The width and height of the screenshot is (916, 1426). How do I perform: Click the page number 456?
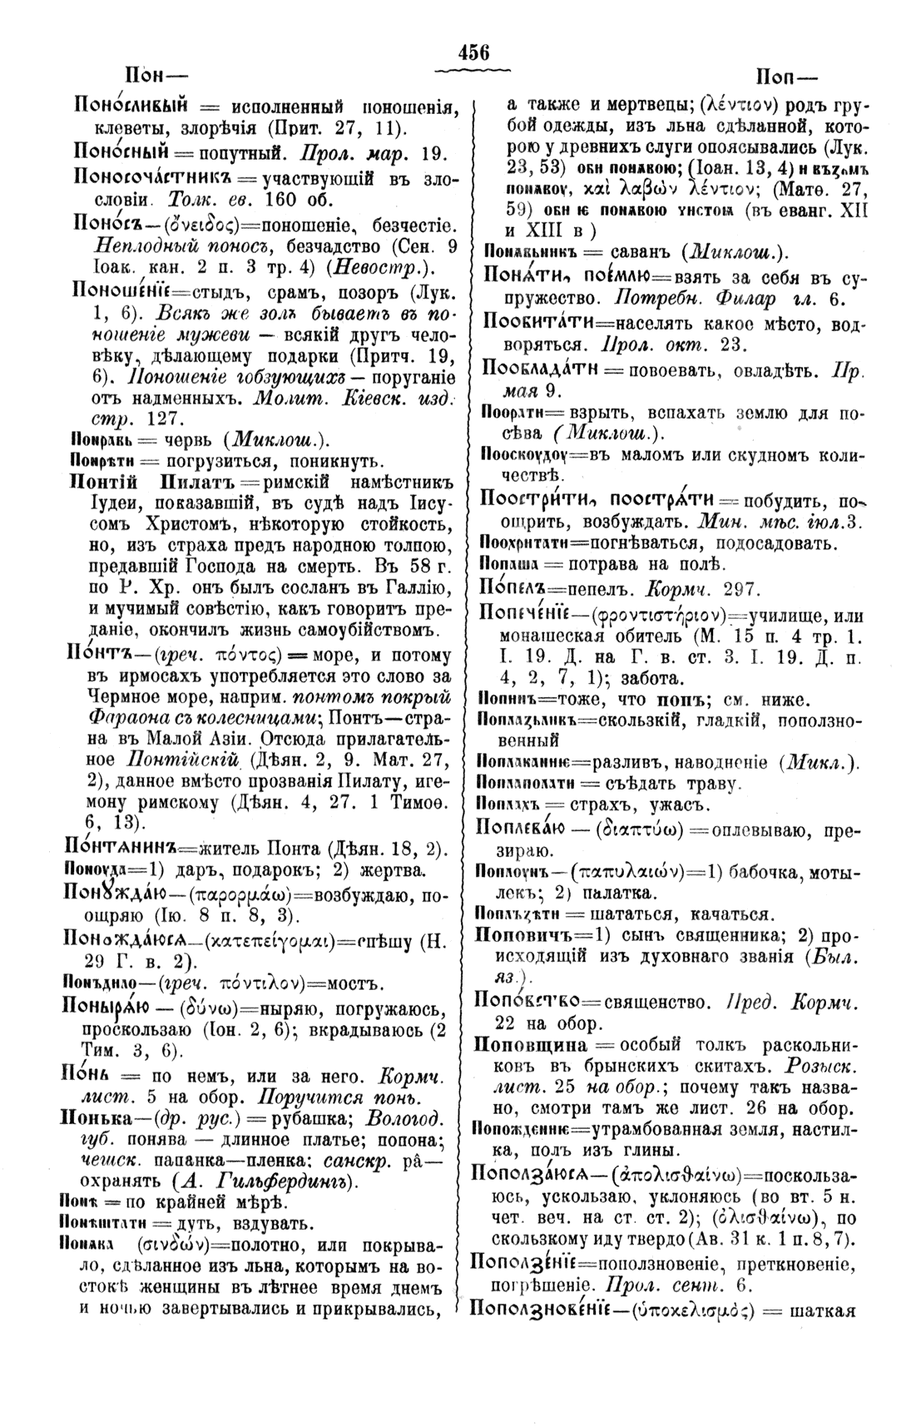(x=473, y=51)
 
